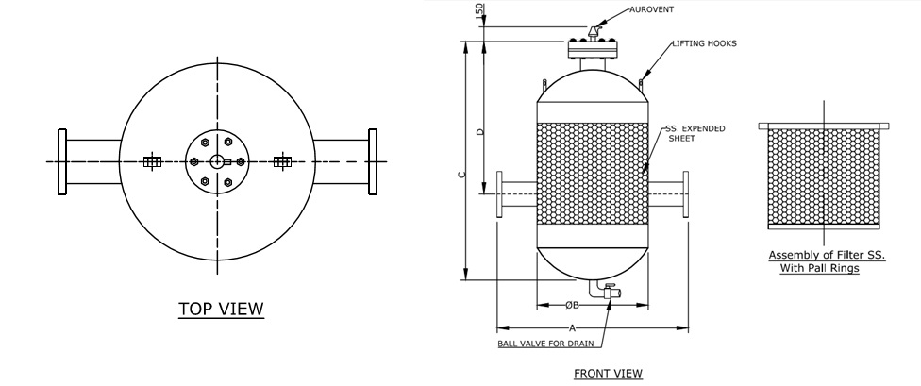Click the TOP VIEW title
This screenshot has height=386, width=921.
[x=222, y=309]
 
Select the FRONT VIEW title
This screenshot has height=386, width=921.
[x=608, y=373]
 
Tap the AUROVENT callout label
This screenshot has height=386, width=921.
[x=651, y=9]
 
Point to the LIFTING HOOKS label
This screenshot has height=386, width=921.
[x=704, y=43]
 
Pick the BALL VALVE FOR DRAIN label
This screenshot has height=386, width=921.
[x=545, y=344]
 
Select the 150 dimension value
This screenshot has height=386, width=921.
[x=479, y=10]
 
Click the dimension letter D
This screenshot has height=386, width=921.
[x=480, y=131]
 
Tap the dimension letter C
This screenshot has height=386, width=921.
[x=462, y=174]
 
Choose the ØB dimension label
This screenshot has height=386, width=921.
[x=572, y=305]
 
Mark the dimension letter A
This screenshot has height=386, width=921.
[x=572, y=327]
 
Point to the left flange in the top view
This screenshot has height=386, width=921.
[x=62, y=161]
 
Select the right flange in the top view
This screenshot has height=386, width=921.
[x=373, y=161]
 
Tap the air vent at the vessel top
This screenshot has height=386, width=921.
[x=594, y=32]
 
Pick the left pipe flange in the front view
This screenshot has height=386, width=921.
[x=500, y=194]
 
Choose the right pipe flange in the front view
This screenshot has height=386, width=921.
[x=685, y=194]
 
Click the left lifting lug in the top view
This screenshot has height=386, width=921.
[x=152, y=161]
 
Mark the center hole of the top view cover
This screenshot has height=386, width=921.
[x=217, y=161]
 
